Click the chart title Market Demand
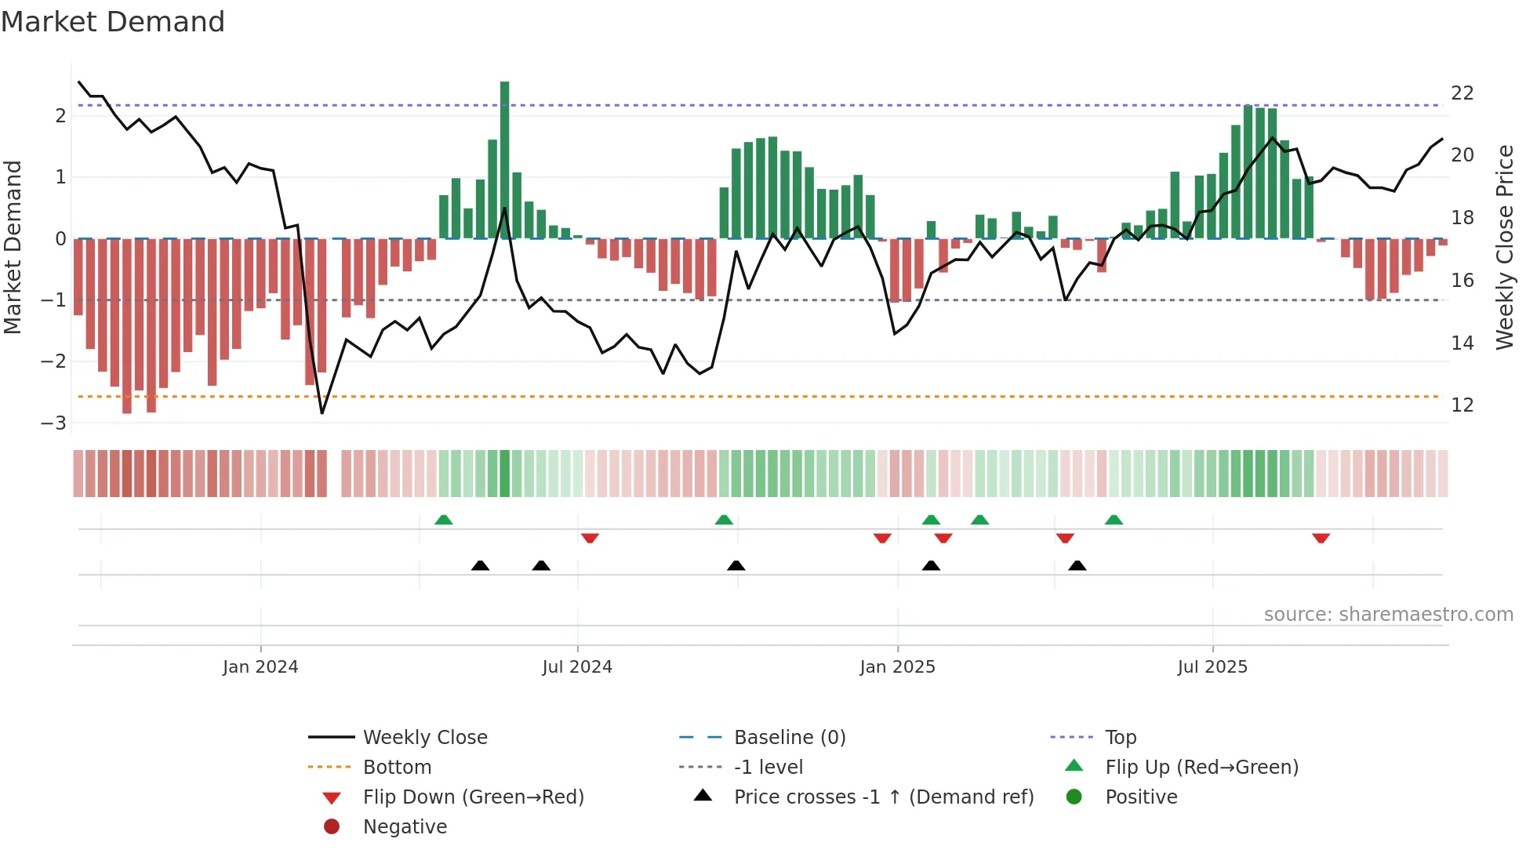(x=113, y=22)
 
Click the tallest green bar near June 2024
(x=504, y=157)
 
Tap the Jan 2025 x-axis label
(x=897, y=667)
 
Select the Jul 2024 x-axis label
(x=577, y=667)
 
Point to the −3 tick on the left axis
(x=53, y=423)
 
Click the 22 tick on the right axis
(x=1463, y=93)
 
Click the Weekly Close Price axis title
(x=1504, y=247)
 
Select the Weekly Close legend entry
(x=424, y=738)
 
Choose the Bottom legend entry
(x=397, y=768)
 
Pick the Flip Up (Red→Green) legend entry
(x=1201, y=768)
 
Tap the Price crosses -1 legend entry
(x=883, y=797)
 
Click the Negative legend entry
(x=405, y=827)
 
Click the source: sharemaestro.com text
(x=1388, y=615)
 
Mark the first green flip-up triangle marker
(x=444, y=520)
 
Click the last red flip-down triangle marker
(x=1321, y=539)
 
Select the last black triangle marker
(x=1077, y=565)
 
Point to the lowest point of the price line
(x=322, y=412)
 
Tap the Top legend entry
(x=1120, y=738)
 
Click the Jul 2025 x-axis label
(x=1212, y=667)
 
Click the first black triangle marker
(x=480, y=565)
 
